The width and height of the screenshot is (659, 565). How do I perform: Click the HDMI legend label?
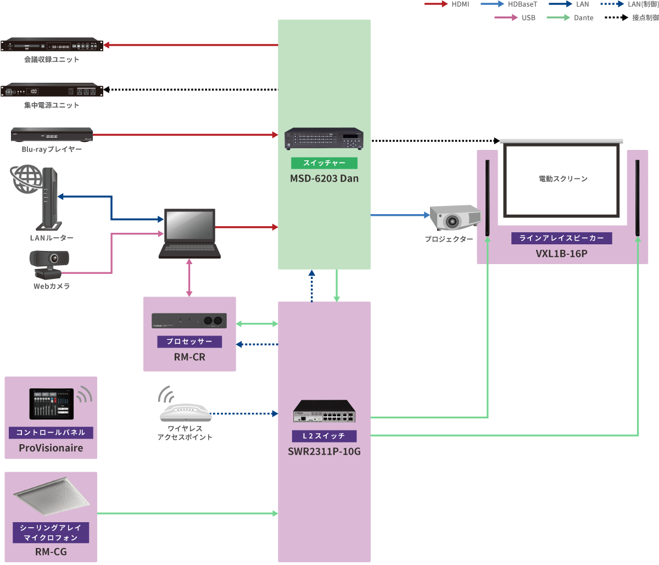point(460,4)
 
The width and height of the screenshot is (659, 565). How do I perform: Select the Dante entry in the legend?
point(583,18)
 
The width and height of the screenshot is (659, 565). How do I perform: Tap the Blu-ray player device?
point(52,135)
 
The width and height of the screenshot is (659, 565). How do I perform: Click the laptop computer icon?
point(189,233)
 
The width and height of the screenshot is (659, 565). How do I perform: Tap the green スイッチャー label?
point(324,163)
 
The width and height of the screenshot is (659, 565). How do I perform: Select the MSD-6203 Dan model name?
point(324,178)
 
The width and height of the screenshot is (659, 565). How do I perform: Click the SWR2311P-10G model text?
point(324,452)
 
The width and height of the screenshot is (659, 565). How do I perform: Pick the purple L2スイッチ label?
point(324,436)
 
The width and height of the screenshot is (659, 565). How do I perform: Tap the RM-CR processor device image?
point(189,321)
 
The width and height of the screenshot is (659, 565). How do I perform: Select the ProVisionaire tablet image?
point(52,404)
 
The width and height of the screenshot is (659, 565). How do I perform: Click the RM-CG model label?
point(51,552)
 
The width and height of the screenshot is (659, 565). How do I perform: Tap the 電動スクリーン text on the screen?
point(563,179)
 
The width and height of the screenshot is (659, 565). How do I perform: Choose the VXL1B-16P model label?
point(562,254)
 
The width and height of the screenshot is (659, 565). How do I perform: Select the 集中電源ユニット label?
point(52,105)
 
